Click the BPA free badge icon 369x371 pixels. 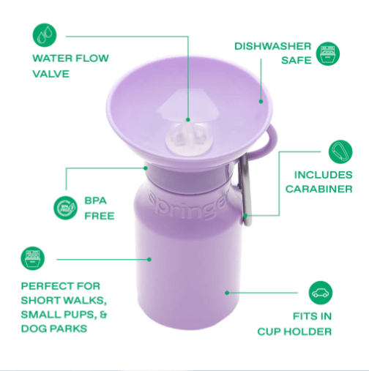pyautogui.click(x=65, y=208)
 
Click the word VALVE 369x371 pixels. pyautogui.click(x=50, y=73)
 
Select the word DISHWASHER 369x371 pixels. pyautogui.click(x=272, y=46)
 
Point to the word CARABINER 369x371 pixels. pyautogui.click(x=320, y=189)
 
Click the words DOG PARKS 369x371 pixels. pyautogui.click(x=55, y=329)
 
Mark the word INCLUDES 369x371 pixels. pyautogui.click(x=323, y=175)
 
